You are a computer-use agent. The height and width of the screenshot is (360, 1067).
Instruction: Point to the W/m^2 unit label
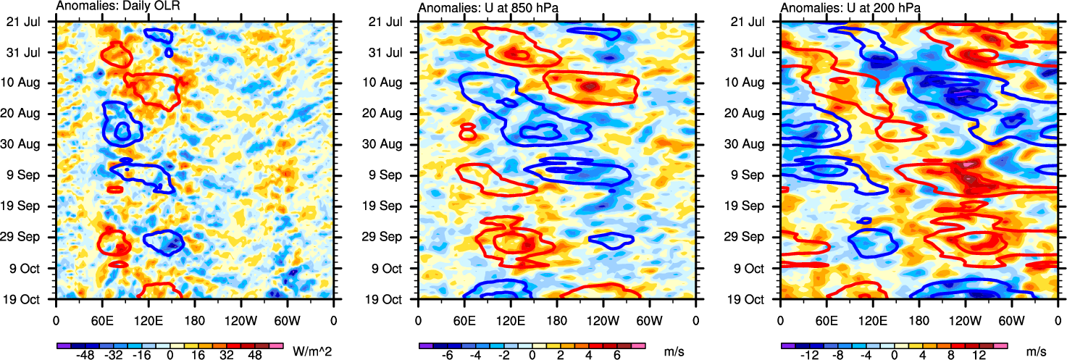pos(312,351)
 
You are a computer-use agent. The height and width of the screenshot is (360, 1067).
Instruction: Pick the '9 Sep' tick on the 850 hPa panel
pos(395,175)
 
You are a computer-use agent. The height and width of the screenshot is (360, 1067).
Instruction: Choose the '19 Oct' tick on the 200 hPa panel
pos(756,298)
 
